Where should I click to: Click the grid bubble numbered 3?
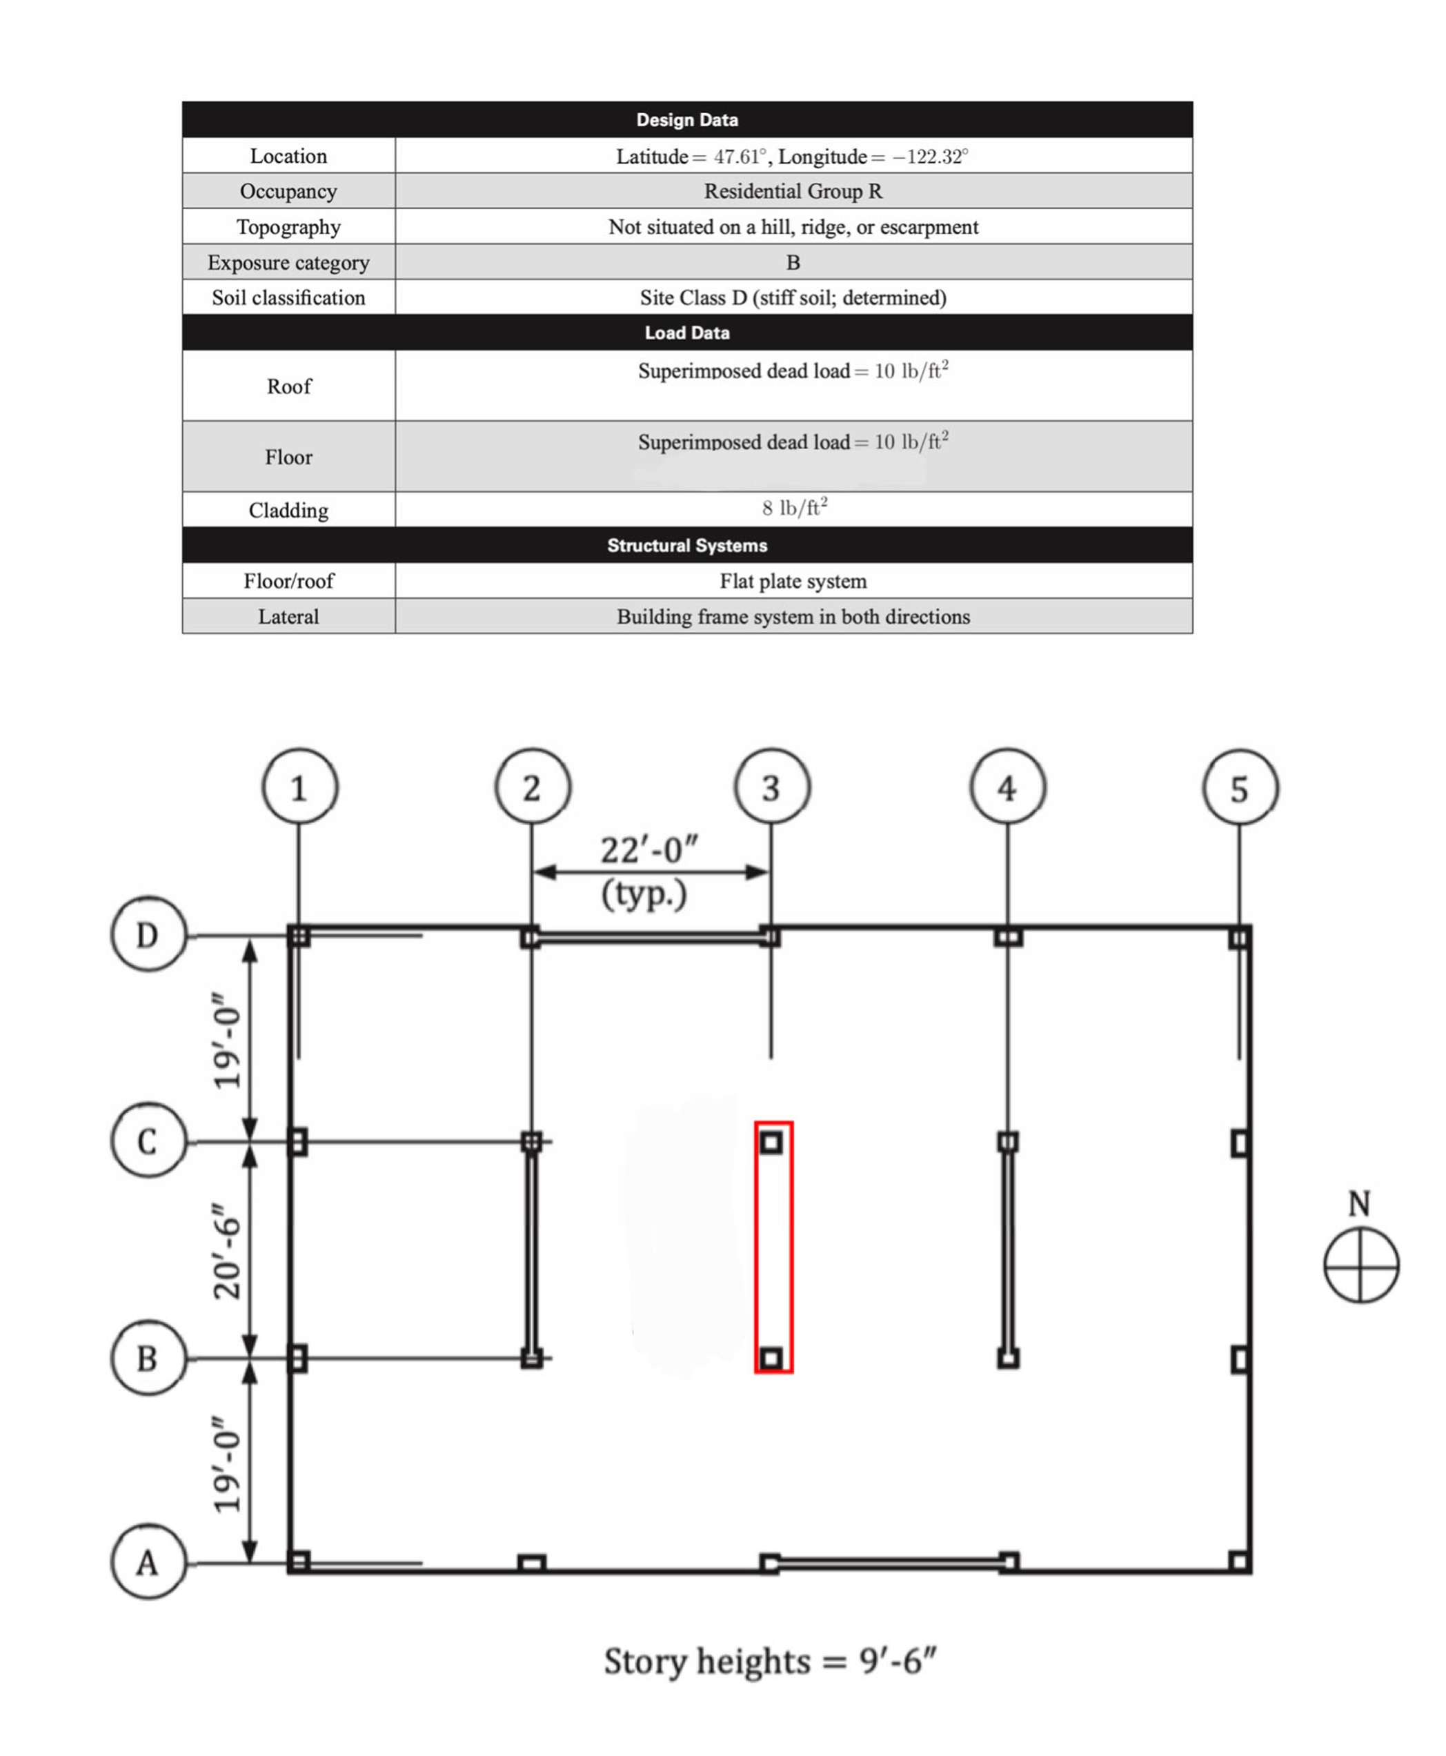point(771,787)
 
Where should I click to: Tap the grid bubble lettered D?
point(148,935)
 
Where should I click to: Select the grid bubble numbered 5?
point(1240,788)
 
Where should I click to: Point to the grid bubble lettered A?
point(148,1562)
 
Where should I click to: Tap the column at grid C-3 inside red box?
point(771,1142)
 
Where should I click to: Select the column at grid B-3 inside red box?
point(771,1359)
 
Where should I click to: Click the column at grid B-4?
point(1008,1359)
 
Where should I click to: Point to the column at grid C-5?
point(1240,1142)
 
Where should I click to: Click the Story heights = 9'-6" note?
point(770,1661)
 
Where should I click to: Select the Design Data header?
point(687,120)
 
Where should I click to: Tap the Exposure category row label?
point(288,262)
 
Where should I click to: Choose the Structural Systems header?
point(687,546)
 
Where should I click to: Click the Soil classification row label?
point(288,298)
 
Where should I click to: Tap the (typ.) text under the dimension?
point(644,894)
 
